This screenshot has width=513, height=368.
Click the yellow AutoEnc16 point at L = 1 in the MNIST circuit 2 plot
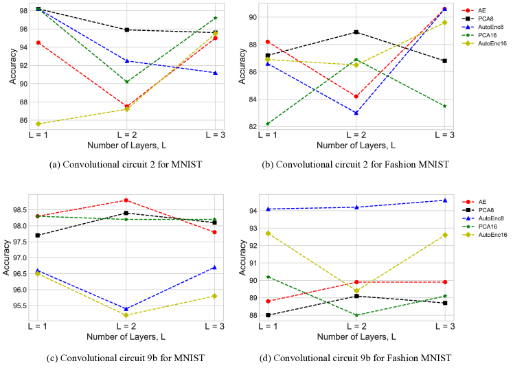[38, 124]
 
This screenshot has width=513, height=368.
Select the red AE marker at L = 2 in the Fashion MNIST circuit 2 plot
[356, 96]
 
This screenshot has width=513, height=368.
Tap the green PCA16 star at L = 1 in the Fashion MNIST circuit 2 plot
[266, 124]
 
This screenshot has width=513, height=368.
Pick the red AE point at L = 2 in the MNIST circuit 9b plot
[126, 200]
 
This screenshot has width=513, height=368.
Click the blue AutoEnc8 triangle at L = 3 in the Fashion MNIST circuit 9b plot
[445, 200]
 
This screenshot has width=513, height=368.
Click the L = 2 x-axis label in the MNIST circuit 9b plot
[126, 327]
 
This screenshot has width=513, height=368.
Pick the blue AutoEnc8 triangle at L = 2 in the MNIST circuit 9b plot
[126, 309]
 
